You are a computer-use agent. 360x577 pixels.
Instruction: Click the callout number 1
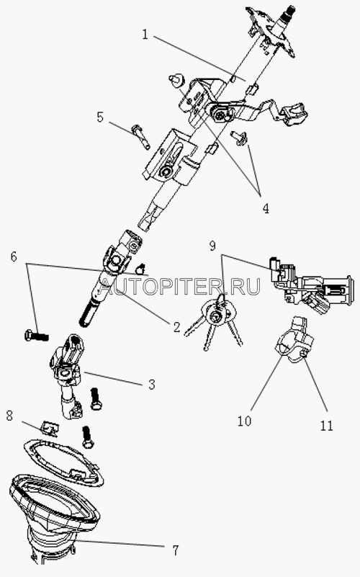coord(145,35)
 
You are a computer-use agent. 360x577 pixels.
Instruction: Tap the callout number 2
coord(176,326)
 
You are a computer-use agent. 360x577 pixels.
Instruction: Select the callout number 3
coord(151,385)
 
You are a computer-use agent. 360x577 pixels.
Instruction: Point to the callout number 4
coord(266,208)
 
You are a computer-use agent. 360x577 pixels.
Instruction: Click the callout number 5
coord(100,117)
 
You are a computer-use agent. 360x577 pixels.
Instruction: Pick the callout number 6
coord(14,256)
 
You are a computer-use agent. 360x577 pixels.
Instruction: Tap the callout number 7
coord(176,550)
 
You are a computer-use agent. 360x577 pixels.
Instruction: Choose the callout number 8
coord(9,416)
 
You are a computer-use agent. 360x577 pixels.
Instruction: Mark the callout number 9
coord(212,246)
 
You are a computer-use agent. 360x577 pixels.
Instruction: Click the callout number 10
coord(244,421)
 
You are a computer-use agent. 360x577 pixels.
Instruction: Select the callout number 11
coord(326,426)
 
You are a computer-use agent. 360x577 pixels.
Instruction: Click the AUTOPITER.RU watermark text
coord(180,286)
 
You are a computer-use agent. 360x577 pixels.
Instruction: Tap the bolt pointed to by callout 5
coord(140,137)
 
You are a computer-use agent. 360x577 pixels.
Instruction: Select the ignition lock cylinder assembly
coord(312,286)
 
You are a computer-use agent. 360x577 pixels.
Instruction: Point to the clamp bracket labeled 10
coord(294,340)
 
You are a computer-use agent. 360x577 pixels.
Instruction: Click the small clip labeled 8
coord(49,428)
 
